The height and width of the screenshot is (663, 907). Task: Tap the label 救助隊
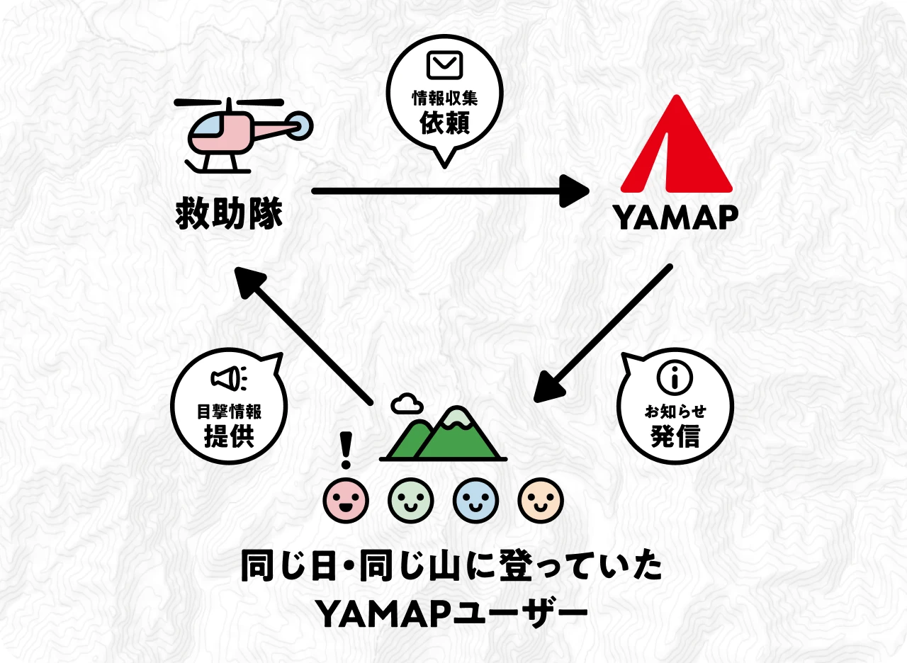[229, 213]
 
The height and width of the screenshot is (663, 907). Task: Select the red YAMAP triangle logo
[676, 149]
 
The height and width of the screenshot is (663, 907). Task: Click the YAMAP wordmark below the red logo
[676, 218]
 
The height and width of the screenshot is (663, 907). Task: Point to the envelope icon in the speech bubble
[444, 66]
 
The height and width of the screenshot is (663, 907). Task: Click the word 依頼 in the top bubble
[444, 123]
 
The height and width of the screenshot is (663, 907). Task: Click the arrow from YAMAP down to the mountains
[602, 333]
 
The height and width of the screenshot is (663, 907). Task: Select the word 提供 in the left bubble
[228, 436]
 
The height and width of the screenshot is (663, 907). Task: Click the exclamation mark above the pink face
[346, 450]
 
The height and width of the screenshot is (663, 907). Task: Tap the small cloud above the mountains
[407, 404]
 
